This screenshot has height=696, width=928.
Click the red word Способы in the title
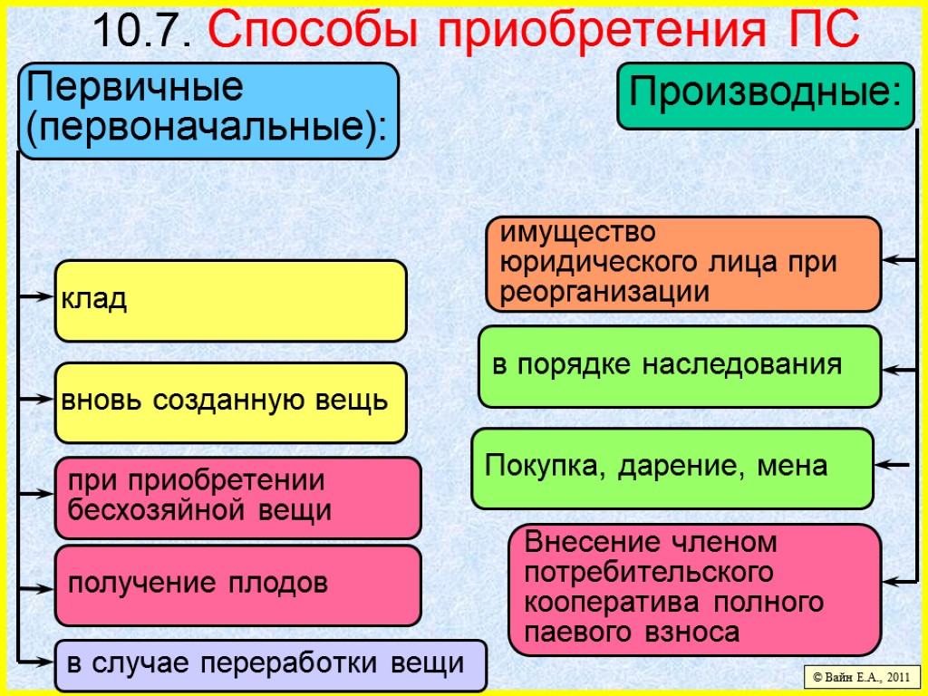pyautogui.click(x=315, y=32)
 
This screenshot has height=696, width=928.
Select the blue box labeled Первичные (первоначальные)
pyautogui.click(x=208, y=111)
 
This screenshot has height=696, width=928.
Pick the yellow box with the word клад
pyautogui.click(x=231, y=301)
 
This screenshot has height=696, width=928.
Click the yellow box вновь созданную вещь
pyautogui.click(x=231, y=402)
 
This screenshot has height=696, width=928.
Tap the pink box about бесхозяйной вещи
pyautogui.click(x=238, y=498)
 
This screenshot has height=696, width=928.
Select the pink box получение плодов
pyautogui.click(x=238, y=585)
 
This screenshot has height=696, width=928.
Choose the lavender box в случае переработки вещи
pyautogui.click(x=270, y=665)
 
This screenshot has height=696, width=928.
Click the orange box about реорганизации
pyautogui.click(x=683, y=263)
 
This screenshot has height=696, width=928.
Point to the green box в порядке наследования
pyautogui.click(x=679, y=366)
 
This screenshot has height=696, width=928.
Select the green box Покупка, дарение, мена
pyautogui.click(x=672, y=468)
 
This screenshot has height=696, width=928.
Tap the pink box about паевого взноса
pyautogui.click(x=694, y=589)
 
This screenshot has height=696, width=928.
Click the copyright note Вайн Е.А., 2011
pyautogui.click(x=862, y=676)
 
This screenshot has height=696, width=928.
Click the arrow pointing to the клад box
pyautogui.click(x=36, y=296)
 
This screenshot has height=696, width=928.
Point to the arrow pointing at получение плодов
pyautogui.click(x=36, y=589)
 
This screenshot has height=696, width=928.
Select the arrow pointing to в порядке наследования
pyautogui.click(x=901, y=370)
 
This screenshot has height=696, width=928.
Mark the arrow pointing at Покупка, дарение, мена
pyautogui.click(x=894, y=466)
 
